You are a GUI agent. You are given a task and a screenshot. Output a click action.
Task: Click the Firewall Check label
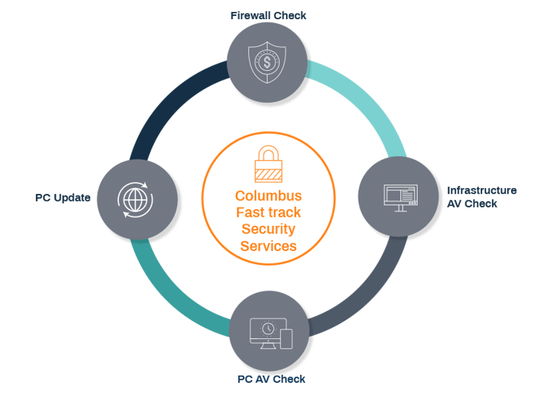pyautogui.click(x=268, y=15)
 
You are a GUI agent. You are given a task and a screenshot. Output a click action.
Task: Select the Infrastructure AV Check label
pyautogui.click(x=482, y=197)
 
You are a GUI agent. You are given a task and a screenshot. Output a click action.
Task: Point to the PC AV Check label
pyautogui.click(x=272, y=378)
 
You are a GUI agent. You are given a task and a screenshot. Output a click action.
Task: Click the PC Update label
pyautogui.click(x=62, y=196)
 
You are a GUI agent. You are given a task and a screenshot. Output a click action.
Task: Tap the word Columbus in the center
pyautogui.click(x=268, y=195)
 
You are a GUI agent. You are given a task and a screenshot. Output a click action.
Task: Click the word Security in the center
pyautogui.click(x=268, y=230)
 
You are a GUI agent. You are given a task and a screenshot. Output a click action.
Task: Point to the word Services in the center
pyautogui.click(x=268, y=246)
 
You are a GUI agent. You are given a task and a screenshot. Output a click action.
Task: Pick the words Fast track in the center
pyautogui.click(x=268, y=213)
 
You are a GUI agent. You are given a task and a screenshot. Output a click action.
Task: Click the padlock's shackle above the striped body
pyautogui.click(x=268, y=153)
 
